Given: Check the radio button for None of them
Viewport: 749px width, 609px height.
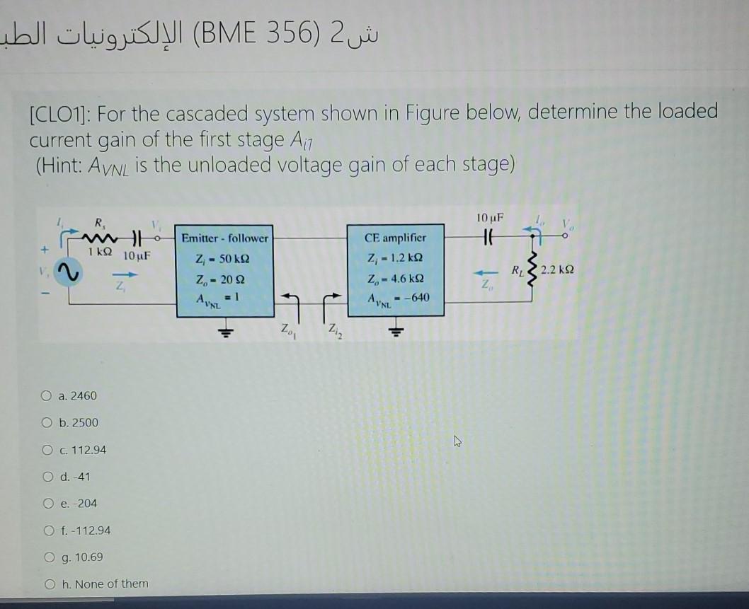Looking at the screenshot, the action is (x=50, y=584).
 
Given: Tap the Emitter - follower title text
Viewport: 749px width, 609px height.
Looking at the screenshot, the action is (x=224, y=238).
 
